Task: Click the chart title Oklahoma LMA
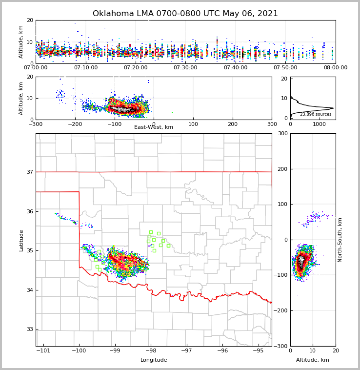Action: click(185, 14)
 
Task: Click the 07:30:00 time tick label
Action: click(185, 68)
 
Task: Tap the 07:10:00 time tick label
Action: click(85, 68)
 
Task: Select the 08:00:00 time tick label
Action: click(335, 68)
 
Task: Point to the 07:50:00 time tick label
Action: click(285, 68)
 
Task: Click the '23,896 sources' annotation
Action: click(316, 114)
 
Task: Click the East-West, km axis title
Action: click(154, 127)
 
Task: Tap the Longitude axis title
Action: click(154, 360)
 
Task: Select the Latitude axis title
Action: click(21, 240)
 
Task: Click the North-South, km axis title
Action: click(340, 240)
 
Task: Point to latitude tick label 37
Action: click(30, 172)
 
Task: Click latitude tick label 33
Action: click(30, 329)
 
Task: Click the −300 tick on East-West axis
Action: click(36, 124)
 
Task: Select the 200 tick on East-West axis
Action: click(233, 124)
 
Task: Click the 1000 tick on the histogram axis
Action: click(319, 124)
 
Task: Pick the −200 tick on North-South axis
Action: click(281, 311)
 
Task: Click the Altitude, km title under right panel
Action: click(313, 360)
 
